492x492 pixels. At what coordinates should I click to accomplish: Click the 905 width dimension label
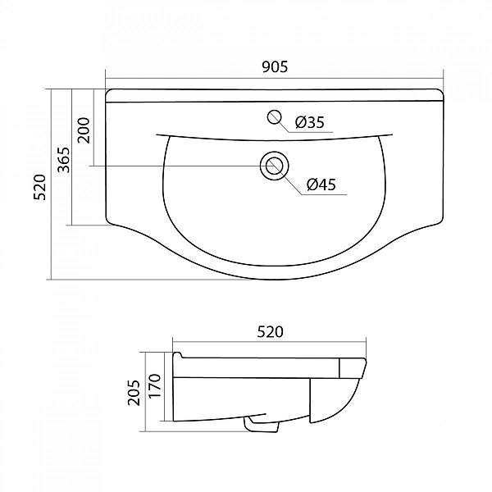click(x=275, y=67)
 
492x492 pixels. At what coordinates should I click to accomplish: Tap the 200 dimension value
click(x=84, y=130)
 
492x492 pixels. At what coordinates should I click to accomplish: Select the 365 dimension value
click(x=64, y=160)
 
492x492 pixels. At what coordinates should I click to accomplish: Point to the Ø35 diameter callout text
click(x=310, y=122)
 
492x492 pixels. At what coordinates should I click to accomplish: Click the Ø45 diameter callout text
click(x=321, y=184)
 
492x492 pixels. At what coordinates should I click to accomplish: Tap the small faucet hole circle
click(x=275, y=117)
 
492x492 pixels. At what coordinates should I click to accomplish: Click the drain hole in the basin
click(x=275, y=166)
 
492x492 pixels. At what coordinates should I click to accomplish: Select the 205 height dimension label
click(x=134, y=393)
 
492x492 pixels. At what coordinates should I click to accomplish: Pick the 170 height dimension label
click(x=155, y=386)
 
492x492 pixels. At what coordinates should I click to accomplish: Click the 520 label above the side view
click(x=270, y=332)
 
